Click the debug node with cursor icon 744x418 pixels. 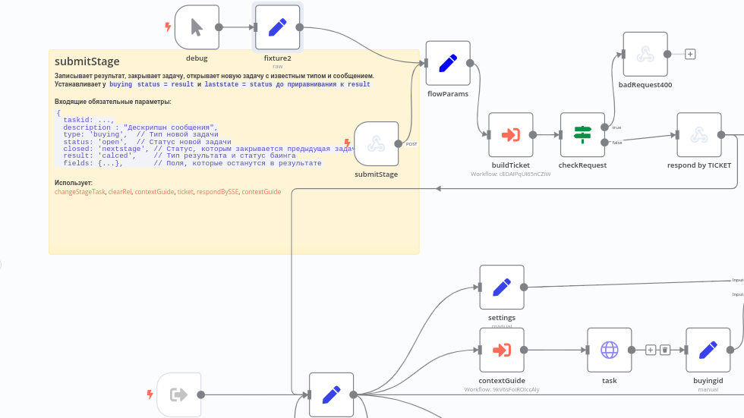pyautogui.click(x=197, y=27)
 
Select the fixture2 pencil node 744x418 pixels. pyautogui.click(x=277, y=27)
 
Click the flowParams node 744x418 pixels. pyautogui.click(x=448, y=63)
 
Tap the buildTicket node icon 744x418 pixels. pyautogui.click(x=511, y=135)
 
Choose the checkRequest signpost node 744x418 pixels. pyautogui.click(x=582, y=135)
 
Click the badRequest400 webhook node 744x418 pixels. pyautogui.click(x=645, y=54)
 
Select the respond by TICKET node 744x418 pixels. pyautogui.click(x=699, y=135)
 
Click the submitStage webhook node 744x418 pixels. pyautogui.click(x=377, y=143)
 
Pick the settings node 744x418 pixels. pyautogui.click(x=502, y=287)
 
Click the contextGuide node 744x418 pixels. pyautogui.click(x=502, y=350)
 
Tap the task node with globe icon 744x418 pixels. pyautogui.click(x=610, y=350)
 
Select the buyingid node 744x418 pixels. pyautogui.click(x=708, y=350)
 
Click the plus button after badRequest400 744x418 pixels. pyautogui.click(x=690, y=54)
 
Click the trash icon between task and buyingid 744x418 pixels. pyautogui.click(x=664, y=350)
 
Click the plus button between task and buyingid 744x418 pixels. pyautogui.click(x=651, y=350)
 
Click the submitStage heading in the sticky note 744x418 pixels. pyautogui.click(x=87, y=61)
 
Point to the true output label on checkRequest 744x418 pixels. pyautogui.click(x=616, y=127)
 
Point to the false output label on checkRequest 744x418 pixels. pyautogui.click(x=616, y=143)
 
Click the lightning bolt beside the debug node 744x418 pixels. pyautogui.click(x=168, y=27)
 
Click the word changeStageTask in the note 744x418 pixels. pyautogui.click(x=80, y=192)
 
